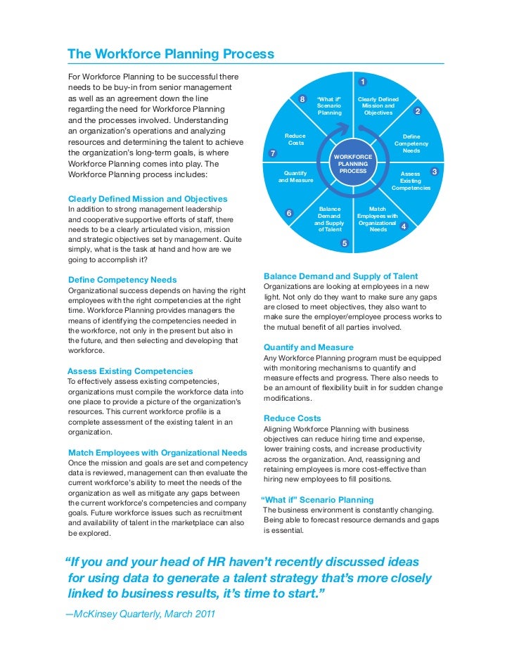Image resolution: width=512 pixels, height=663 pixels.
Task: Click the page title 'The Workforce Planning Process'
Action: (x=170, y=54)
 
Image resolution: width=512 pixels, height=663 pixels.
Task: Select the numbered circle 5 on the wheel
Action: (x=344, y=243)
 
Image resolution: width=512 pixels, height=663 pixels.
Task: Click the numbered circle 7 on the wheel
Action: (x=272, y=153)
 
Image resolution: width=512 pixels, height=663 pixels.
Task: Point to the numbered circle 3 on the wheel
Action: (x=434, y=172)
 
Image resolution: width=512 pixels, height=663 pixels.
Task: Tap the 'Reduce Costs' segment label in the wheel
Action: (x=296, y=139)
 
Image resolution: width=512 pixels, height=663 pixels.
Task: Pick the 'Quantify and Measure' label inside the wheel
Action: (x=295, y=176)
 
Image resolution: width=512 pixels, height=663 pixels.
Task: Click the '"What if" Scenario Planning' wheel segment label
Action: (x=329, y=105)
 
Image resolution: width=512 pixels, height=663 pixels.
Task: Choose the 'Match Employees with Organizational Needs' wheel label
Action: (x=378, y=219)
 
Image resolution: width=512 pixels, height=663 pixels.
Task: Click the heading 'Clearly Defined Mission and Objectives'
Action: (x=147, y=199)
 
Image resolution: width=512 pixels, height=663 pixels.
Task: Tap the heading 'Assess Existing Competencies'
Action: (x=130, y=371)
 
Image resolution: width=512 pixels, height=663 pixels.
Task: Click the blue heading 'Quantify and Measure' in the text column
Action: (x=308, y=347)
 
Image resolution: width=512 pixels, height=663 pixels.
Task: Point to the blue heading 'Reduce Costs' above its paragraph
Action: (x=292, y=418)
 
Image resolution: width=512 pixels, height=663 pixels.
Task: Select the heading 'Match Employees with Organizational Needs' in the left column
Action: (x=158, y=452)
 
